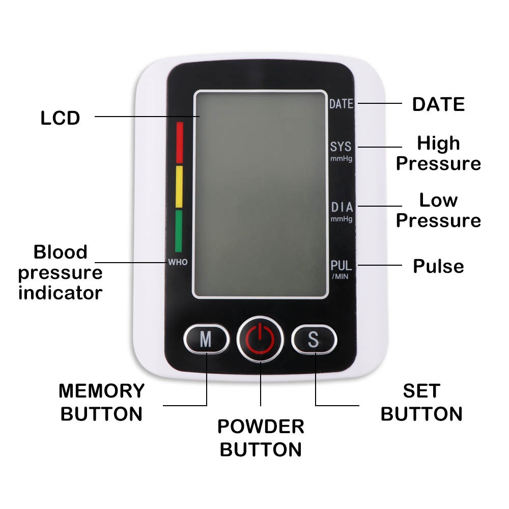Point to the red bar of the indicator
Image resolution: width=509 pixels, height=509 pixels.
click(x=179, y=142)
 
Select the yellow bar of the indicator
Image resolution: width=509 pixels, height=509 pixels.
click(x=179, y=186)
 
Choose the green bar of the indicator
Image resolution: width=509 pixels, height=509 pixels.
click(x=179, y=231)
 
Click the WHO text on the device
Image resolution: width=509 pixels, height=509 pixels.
click(x=178, y=263)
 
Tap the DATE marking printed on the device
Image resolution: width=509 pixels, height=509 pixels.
click(x=341, y=104)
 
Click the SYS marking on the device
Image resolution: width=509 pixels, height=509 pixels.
click(x=341, y=147)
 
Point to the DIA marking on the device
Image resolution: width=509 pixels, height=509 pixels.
click(x=341, y=207)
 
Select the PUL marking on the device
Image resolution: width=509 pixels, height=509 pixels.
click(x=341, y=266)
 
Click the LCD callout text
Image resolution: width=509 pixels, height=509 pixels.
click(x=60, y=118)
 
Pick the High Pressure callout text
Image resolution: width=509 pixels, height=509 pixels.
click(x=438, y=153)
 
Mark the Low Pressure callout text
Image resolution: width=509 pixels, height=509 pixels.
click(x=438, y=210)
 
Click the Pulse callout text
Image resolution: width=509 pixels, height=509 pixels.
click(x=438, y=266)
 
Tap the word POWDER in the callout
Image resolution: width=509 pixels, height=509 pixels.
click(x=261, y=427)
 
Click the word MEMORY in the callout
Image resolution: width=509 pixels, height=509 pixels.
click(x=102, y=391)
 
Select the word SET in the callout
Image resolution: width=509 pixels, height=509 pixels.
click(x=421, y=391)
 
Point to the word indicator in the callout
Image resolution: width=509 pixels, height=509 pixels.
click(x=60, y=293)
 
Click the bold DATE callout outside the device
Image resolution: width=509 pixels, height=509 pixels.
click(x=438, y=104)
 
